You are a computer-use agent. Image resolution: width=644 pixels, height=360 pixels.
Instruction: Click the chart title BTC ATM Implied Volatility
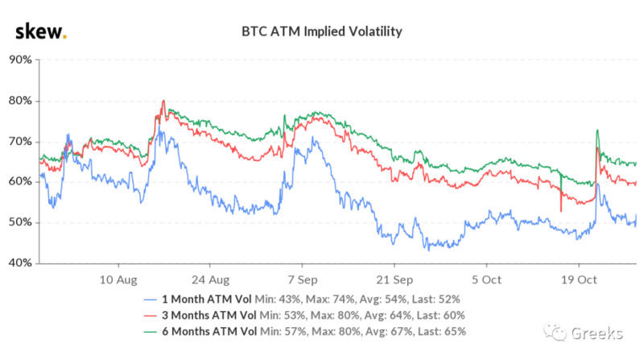pyautogui.click(x=322, y=32)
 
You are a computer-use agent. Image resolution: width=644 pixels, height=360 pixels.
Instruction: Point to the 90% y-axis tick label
pyautogui.click(x=19, y=60)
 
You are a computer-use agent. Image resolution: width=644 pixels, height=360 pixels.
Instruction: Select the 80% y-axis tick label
pyautogui.click(x=19, y=101)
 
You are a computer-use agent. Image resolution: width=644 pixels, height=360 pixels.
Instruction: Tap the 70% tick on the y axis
pyautogui.click(x=19, y=142)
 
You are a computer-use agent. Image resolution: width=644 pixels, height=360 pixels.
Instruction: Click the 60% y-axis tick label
pyautogui.click(x=19, y=182)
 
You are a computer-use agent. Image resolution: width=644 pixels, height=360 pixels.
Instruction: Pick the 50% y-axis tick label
pyautogui.click(x=19, y=222)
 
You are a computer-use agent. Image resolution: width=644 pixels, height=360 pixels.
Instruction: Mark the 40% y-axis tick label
pyautogui.click(x=19, y=263)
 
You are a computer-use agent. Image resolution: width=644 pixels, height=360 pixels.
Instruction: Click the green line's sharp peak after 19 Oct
pyautogui.click(x=597, y=130)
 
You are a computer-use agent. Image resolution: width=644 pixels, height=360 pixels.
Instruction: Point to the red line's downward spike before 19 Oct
pyautogui.click(x=560, y=210)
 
